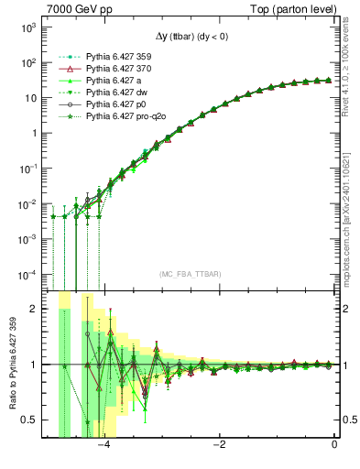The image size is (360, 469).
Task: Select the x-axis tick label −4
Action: click(104, 446)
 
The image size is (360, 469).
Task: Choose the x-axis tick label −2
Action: click(219, 446)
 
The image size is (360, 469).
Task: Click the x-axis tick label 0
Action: click(334, 446)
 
